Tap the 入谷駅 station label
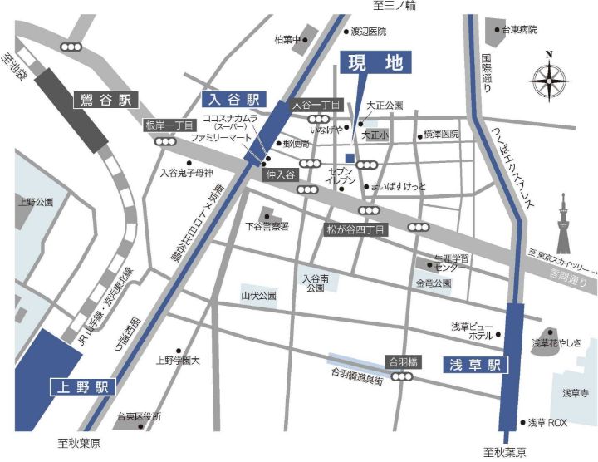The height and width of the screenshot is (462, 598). (233, 98)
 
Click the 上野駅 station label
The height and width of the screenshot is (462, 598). (81, 387)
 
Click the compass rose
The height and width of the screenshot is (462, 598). (548, 81)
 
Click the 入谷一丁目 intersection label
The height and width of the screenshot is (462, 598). (316, 105)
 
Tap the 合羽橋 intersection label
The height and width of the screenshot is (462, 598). (402, 361)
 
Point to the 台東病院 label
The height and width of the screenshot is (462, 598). (519, 30)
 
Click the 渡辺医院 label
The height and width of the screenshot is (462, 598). (369, 31)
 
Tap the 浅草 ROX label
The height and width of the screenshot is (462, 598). (547, 423)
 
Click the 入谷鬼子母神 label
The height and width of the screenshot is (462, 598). (187, 173)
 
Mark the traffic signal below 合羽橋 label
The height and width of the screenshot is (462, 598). (403, 376)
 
